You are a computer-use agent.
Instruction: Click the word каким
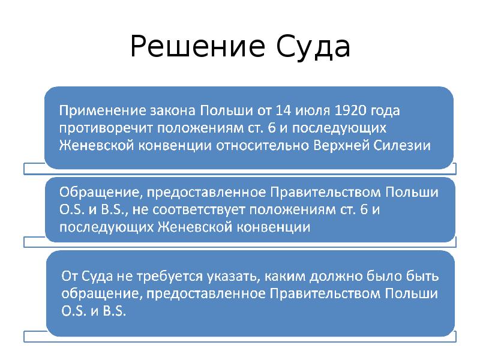[285, 277]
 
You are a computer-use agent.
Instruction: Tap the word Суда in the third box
[98, 277]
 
